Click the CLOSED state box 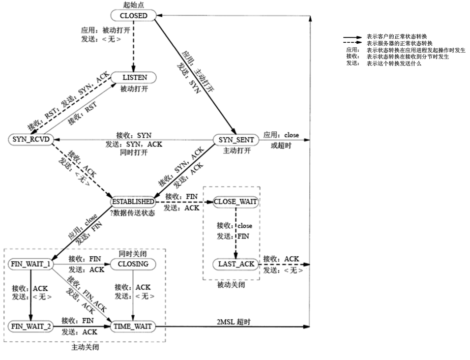(133, 16)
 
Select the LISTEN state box (134, 78)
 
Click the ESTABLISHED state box (133, 202)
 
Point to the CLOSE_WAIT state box (236, 202)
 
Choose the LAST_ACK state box (236, 264)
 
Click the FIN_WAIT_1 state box (30, 264)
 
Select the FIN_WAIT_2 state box (30, 326)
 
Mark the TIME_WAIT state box (133, 326)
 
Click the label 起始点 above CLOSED (133, 5)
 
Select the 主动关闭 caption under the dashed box (85, 347)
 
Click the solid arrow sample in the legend (352, 37)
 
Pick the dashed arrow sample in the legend (352, 43)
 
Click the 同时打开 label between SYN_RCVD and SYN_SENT (133, 152)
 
